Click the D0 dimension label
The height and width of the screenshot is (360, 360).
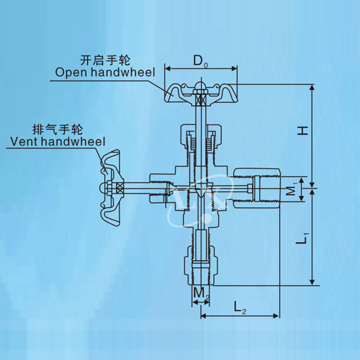click(x=201, y=62)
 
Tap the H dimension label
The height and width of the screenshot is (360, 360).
click(x=302, y=131)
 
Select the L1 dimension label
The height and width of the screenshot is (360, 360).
click(x=302, y=238)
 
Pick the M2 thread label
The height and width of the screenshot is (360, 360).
click(x=201, y=294)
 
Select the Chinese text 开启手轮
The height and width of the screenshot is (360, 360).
click(x=105, y=60)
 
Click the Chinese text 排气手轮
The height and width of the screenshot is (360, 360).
click(x=58, y=130)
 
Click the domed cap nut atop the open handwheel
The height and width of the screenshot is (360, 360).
click(x=201, y=87)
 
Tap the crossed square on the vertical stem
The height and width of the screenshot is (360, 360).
click(x=201, y=99)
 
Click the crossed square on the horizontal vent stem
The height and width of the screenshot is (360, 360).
click(x=120, y=187)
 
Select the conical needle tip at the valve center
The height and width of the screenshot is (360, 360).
click(x=201, y=189)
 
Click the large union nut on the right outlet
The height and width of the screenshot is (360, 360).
click(x=257, y=189)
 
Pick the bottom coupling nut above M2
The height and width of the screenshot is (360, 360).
click(x=201, y=266)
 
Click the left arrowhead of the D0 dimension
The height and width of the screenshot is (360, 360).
click(x=168, y=69)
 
